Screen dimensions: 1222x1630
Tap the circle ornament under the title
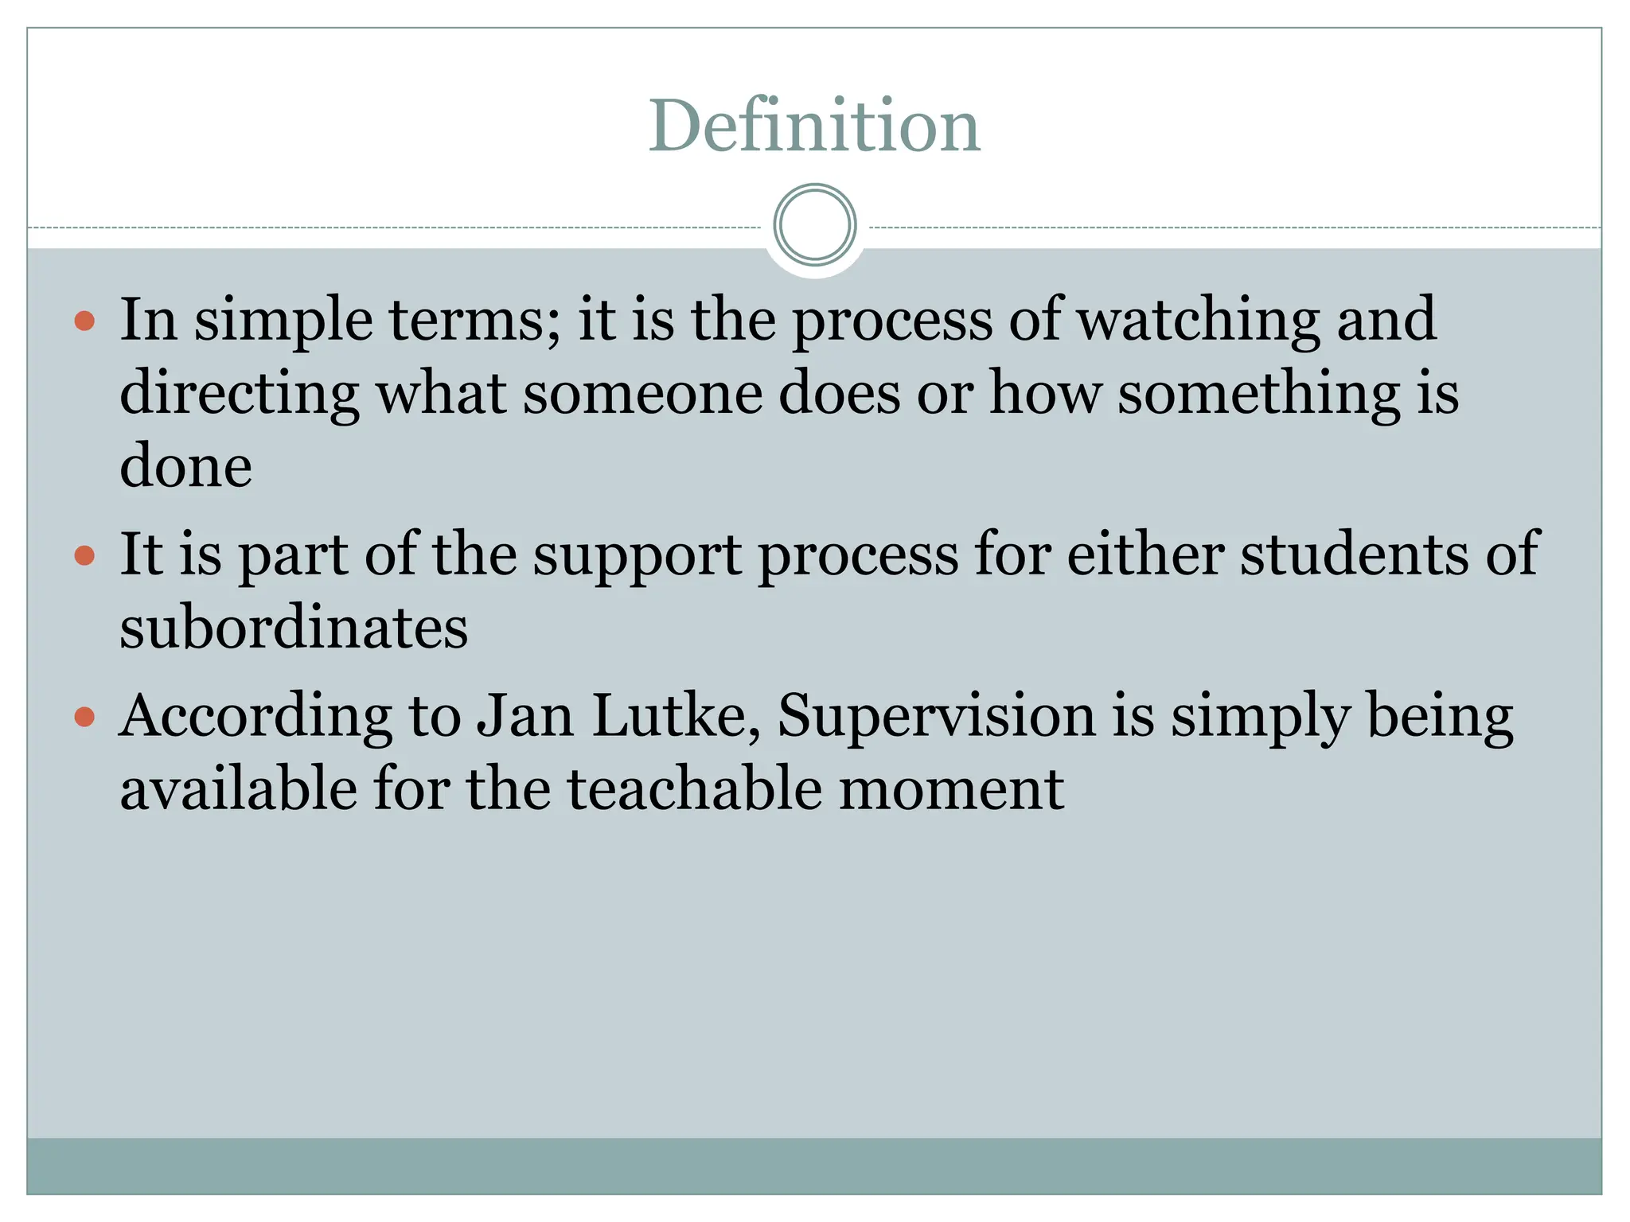814,225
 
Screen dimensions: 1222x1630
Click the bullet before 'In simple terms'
84,321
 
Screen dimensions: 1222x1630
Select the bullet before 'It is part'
84,555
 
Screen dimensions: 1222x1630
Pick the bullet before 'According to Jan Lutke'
84,718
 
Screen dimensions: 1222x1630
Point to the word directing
239,394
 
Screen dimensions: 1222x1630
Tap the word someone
641,393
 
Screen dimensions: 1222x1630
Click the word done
185,466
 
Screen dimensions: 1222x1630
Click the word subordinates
294,628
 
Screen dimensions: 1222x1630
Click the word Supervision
935,716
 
